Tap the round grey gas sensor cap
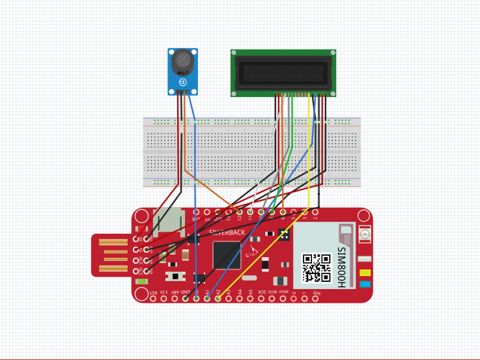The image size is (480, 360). click(x=182, y=61)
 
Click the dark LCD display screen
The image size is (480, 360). click(x=283, y=72)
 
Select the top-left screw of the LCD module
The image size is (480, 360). click(x=234, y=53)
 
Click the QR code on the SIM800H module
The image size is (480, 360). click(x=317, y=267)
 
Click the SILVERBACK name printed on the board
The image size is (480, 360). click(x=228, y=232)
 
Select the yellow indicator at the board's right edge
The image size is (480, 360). click(x=365, y=272)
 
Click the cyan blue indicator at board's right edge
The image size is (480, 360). click(x=365, y=284)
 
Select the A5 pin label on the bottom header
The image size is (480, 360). click(x=251, y=293)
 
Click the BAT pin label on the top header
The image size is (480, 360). click(x=196, y=219)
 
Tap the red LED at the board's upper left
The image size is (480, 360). click(x=142, y=229)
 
